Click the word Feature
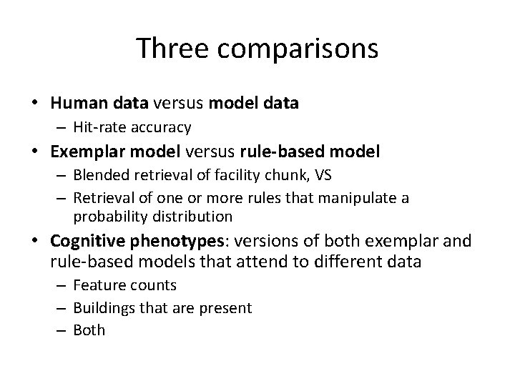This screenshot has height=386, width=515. point(97,285)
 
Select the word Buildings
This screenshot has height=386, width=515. point(103,308)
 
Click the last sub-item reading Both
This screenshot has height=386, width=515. point(89,330)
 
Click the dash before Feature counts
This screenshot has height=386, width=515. point(62,286)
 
